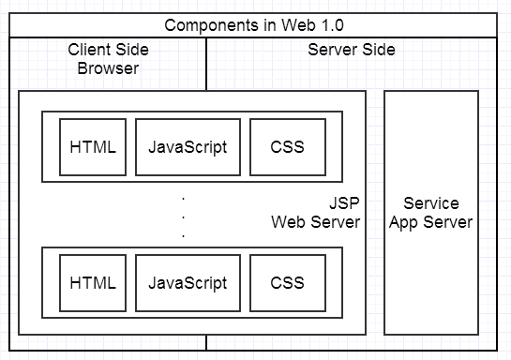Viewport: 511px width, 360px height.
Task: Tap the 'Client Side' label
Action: coord(104,50)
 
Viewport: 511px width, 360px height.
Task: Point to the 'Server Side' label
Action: coord(352,50)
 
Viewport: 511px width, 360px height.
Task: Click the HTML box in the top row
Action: coord(93,147)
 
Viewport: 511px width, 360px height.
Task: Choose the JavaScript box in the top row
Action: coord(188,147)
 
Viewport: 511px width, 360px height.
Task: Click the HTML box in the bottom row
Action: coord(93,282)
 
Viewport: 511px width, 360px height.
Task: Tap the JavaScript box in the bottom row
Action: coord(188,282)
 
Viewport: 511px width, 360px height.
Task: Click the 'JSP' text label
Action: coord(344,203)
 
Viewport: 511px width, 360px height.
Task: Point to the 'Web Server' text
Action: coord(316,222)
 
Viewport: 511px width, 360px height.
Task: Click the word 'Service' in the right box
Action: coord(431,203)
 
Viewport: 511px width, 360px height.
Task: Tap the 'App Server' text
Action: coord(431,222)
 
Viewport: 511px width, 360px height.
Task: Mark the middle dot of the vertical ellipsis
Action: coord(183,217)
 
